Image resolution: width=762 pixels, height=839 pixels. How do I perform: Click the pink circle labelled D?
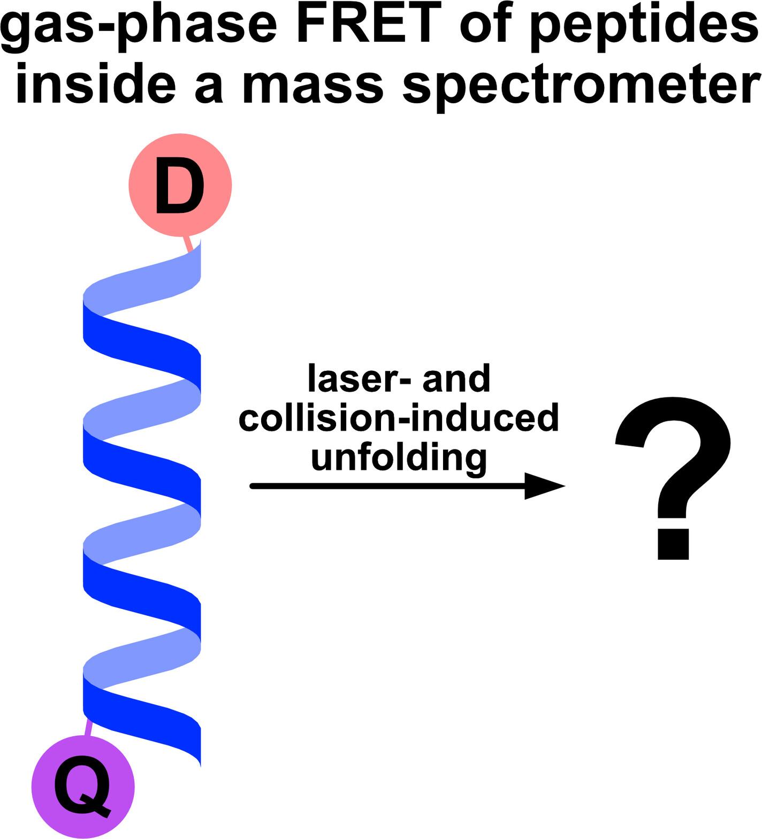tap(180, 185)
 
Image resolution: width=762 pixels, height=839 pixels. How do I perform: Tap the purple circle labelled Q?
tap(83, 787)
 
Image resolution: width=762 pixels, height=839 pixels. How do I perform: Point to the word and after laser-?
tap(456, 378)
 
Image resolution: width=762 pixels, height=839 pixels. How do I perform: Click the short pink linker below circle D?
tap(187, 244)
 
